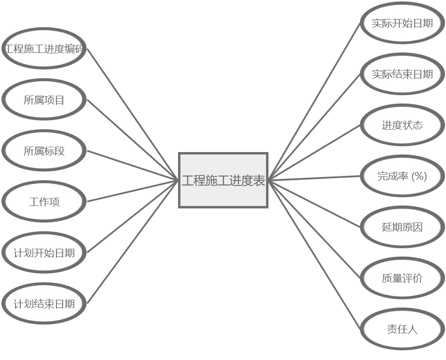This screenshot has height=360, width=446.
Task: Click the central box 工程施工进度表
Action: pos(223,180)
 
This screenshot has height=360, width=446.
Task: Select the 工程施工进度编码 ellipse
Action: pos(44,49)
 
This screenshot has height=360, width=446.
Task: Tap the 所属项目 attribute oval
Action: pos(44,100)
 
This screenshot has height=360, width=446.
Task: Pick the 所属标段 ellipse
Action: pos(44,151)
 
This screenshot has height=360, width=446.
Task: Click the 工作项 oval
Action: pos(44,202)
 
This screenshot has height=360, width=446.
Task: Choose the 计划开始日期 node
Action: pos(44,253)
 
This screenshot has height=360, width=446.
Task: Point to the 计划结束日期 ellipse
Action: pos(44,304)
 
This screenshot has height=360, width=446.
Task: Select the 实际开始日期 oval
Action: pos(402,23)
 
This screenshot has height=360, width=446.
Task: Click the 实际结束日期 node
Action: pos(402,74)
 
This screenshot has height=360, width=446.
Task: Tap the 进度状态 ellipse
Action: pos(402,125)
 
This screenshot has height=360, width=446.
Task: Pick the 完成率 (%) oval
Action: pos(402,176)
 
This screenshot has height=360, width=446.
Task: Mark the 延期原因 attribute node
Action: pos(402,227)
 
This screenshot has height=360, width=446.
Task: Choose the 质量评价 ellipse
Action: pos(402,278)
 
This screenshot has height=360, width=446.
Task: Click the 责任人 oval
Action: pos(402,329)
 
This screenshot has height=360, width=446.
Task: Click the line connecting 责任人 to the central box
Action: pos(315,255)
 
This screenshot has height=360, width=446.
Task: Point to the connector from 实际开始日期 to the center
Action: pos(315,102)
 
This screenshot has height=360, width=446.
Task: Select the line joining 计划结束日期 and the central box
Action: pos(133,242)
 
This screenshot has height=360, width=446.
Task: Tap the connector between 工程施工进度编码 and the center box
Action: pos(133,115)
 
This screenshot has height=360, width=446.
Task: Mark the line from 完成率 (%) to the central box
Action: pos(315,178)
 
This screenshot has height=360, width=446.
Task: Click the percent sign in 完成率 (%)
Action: pos(419,176)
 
